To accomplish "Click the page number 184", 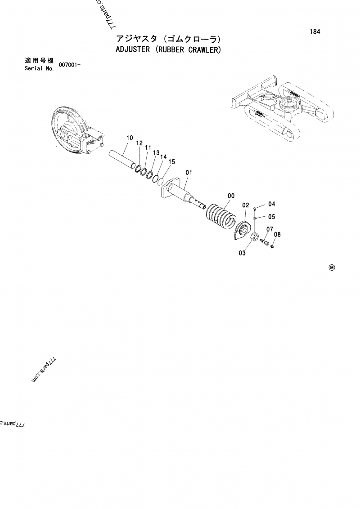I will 315,32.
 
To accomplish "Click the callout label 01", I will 189,172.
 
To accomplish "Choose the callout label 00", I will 231,196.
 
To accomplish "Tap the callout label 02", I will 246,205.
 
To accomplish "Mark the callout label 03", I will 242,253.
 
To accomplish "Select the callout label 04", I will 272,203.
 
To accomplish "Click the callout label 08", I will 277,234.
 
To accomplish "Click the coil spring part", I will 220,216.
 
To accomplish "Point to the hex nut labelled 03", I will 254,237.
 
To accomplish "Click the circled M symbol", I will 332,268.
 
